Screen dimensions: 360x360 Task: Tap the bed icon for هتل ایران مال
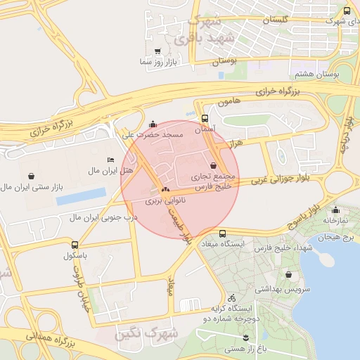coord(110,161)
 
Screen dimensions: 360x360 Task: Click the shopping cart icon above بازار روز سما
coord(157,51)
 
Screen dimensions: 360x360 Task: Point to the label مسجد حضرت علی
coord(153,134)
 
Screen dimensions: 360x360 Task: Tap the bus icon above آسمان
coord(205,119)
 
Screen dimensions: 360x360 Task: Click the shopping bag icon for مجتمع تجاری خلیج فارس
coord(213,165)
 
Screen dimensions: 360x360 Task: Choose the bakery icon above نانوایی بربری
coord(165,190)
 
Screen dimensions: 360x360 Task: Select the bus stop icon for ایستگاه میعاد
coord(223,233)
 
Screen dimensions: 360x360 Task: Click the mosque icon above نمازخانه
coord(336,210)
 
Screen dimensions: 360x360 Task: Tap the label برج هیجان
coord(334,238)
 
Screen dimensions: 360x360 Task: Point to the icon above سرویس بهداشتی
coord(288,275)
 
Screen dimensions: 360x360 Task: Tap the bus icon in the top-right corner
coord(347,11)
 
